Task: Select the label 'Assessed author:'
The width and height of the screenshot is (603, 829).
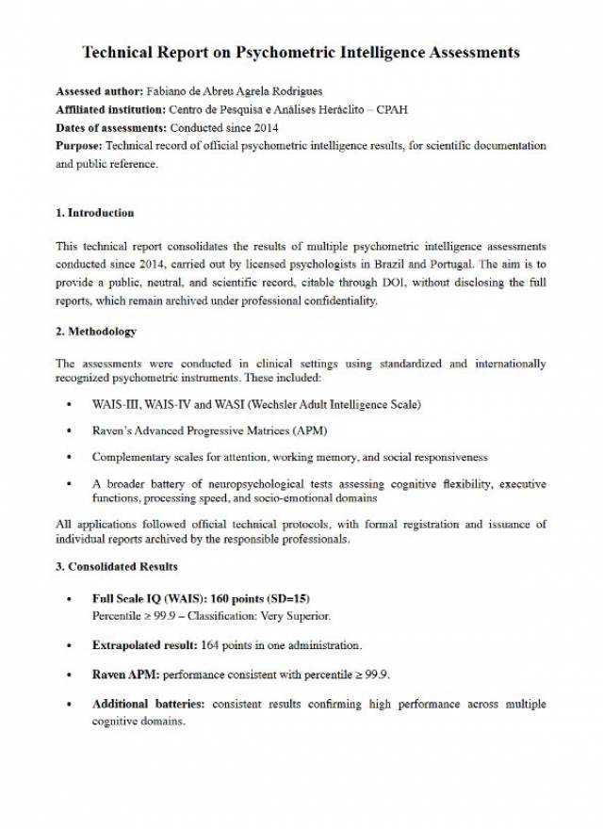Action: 99,91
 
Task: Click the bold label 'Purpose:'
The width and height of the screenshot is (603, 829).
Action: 80,146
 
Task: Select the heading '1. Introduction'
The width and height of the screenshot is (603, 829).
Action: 95,212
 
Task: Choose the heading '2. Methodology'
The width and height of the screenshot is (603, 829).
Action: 96,332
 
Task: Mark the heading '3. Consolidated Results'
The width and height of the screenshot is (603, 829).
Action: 117,566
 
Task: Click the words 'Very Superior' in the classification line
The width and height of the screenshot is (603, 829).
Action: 297,616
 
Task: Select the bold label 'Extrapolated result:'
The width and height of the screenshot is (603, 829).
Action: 144,645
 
